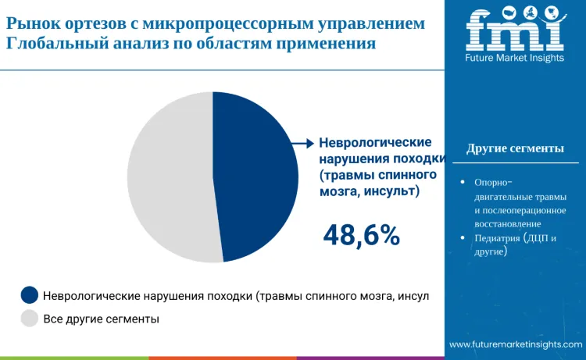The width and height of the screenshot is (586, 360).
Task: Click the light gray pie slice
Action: click(x=168, y=176)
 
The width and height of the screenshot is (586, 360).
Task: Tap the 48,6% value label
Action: click(x=362, y=234)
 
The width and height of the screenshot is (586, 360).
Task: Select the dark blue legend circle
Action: click(x=30, y=295)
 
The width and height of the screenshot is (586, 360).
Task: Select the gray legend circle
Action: click(x=30, y=318)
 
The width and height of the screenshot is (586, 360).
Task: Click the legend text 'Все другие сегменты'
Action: click(x=101, y=319)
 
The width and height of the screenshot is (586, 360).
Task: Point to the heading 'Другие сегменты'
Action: click(x=515, y=148)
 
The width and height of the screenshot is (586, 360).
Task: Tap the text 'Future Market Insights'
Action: click(x=515, y=59)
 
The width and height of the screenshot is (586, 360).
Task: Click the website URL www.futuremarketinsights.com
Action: click(x=516, y=344)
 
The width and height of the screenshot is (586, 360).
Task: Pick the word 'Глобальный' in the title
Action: click(x=52, y=44)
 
